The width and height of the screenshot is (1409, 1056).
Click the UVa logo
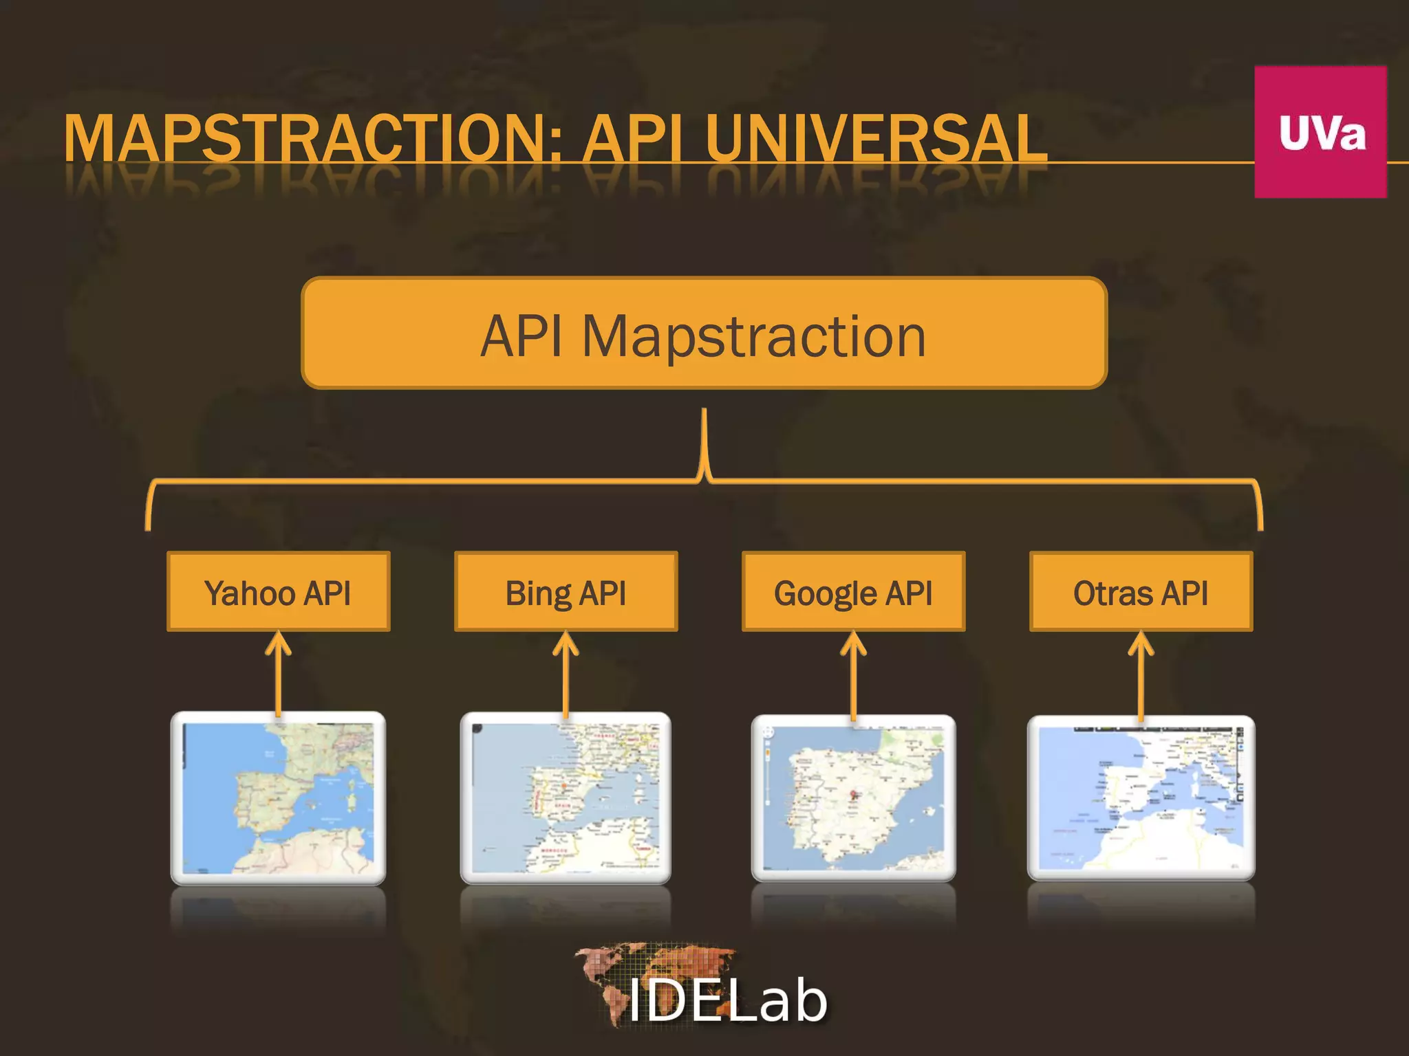coord(1320,132)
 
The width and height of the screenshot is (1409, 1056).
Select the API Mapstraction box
coord(704,333)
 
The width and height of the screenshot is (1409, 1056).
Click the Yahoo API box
coord(278,592)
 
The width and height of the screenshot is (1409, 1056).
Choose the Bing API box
coord(566,592)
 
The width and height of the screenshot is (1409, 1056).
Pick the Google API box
coord(853,592)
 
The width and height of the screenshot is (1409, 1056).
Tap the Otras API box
coord(1141,592)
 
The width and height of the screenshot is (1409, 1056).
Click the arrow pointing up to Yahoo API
coord(278,674)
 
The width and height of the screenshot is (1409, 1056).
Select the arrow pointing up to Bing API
coord(566,674)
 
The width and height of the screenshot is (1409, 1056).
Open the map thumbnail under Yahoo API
coord(278,797)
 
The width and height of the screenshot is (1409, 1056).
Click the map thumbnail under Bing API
coord(566,797)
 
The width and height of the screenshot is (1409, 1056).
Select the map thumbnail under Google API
coord(853,797)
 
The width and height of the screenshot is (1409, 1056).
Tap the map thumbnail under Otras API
coord(1141,797)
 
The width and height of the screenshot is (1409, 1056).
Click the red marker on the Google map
coord(854,795)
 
